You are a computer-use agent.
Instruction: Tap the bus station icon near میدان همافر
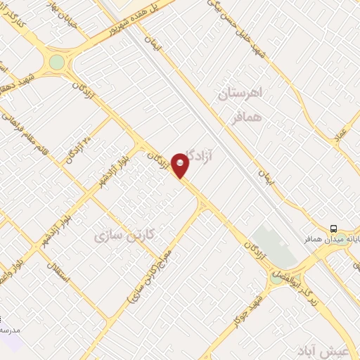pyautogui.click(x=333, y=229)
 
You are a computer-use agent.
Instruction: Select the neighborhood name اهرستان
pyautogui.click(x=240, y=93)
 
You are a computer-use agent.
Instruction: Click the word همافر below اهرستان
pyautogui.click(x=247, y=117)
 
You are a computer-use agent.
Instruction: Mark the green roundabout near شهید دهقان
pyautogui.click(x=56, y=63)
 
